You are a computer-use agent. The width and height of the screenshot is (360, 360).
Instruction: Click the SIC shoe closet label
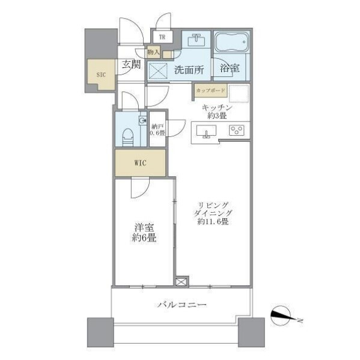point(101,75)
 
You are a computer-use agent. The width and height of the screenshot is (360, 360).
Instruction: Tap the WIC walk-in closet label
point(140,163)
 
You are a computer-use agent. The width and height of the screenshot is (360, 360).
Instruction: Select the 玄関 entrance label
point(131,64)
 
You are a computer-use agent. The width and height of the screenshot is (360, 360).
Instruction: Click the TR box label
point(162,37)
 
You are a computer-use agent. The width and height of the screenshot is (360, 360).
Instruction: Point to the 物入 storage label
point(153,52)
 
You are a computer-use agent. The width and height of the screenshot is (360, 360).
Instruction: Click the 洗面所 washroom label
point(189,70)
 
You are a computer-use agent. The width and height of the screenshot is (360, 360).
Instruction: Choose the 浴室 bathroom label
point(230,68)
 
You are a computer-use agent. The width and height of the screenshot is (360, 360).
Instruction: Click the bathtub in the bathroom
point(232,42)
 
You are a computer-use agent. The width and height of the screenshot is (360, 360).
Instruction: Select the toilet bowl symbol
point(127,137)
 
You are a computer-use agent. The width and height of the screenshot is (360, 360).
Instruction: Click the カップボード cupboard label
point(210,90)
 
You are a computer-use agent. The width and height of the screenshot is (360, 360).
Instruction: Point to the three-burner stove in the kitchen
point(236,130)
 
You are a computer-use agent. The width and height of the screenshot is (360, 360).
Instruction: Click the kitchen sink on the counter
point(206,132)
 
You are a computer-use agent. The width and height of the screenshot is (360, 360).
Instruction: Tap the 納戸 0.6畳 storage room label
point(157,130)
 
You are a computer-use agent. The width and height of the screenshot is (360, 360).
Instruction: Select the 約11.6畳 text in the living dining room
point(213,222)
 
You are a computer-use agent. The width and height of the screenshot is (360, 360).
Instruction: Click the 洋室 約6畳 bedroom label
point(144,233)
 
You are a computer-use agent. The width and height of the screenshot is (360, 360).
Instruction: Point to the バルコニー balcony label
point(182,305)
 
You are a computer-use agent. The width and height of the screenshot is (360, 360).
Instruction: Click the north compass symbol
point(281,316)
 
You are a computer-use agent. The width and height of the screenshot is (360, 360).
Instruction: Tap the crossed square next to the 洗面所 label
point(158,71)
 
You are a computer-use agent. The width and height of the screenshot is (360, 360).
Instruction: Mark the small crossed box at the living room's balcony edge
point(181,281)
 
